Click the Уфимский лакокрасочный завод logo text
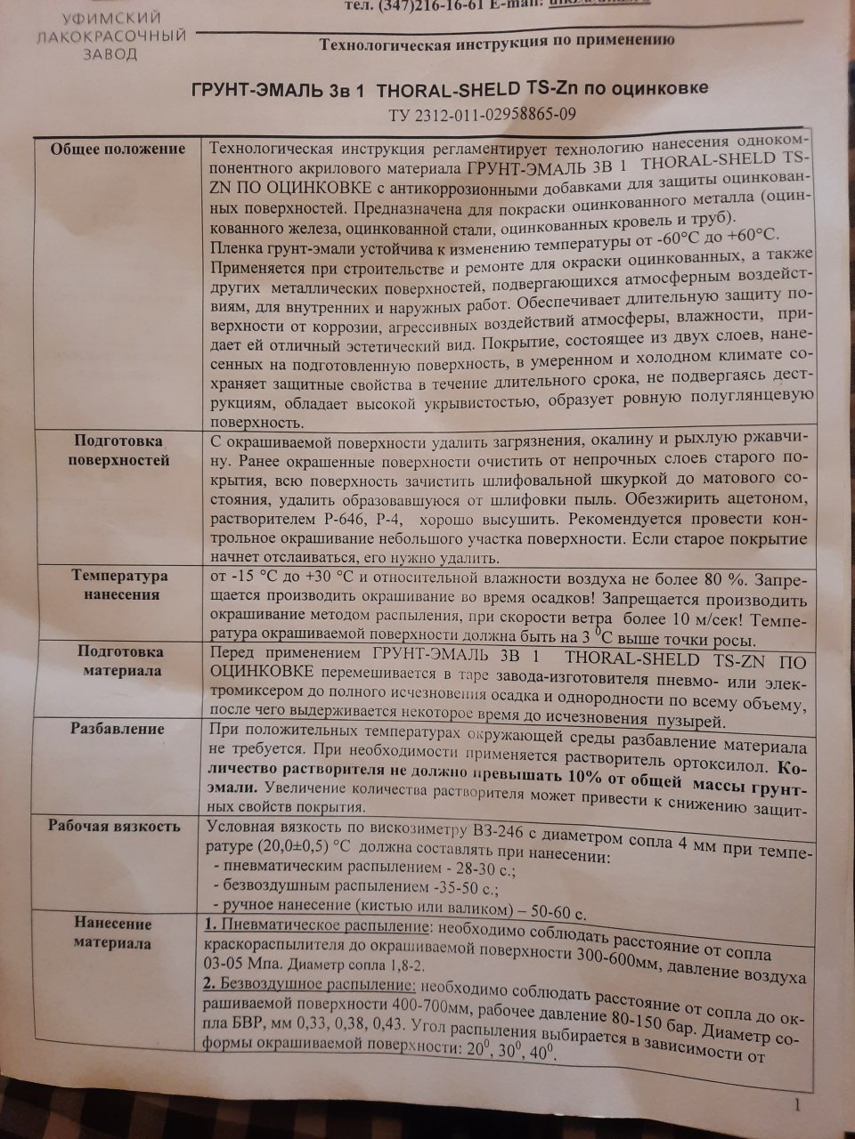click(110, 36)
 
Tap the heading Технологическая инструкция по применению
click(497, 40)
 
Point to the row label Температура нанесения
click(121, 585)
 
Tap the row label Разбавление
click(118, 729)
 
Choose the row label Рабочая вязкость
click(114, 826)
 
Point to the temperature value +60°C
click(751, 235)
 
